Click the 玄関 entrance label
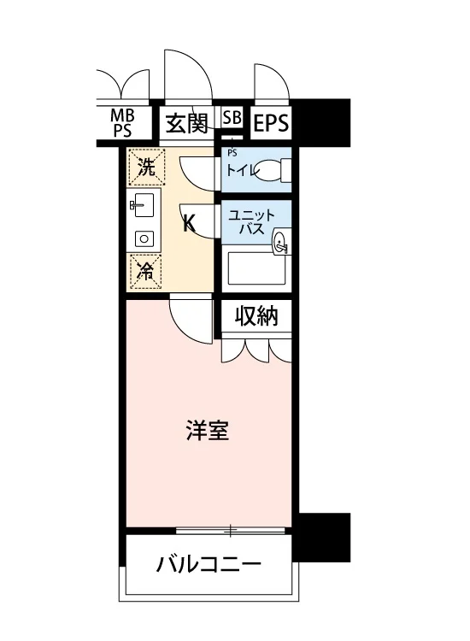[187, 122]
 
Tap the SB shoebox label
[232, 117]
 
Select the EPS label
[271, 122]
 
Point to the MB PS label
[122, 122]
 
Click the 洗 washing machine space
[147, 167]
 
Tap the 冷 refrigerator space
[146, 272]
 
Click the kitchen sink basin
[144, 205]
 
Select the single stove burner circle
[144, 238]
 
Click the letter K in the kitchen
[189, 224]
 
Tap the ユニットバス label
[252, 221]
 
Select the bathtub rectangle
[256, 268]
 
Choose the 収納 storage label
[256, 315]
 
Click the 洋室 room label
[208, 430]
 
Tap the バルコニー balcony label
[209, 565]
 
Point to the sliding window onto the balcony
[230, 531]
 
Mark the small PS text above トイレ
[232, 153]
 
